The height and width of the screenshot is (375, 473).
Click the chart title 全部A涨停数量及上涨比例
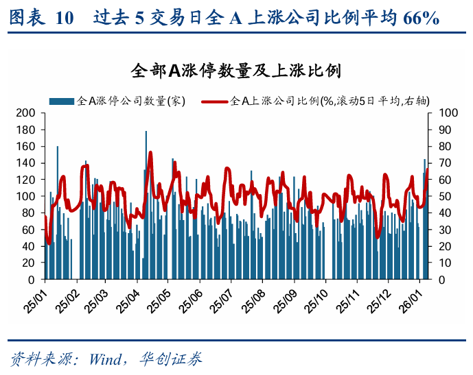pos(236,71)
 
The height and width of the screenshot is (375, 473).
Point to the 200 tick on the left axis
pos(25,112)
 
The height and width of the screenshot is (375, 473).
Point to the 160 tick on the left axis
pos(25,146)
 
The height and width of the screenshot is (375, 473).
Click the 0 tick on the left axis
pos(32,280)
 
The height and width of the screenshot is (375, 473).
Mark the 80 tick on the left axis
pos(28,213)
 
